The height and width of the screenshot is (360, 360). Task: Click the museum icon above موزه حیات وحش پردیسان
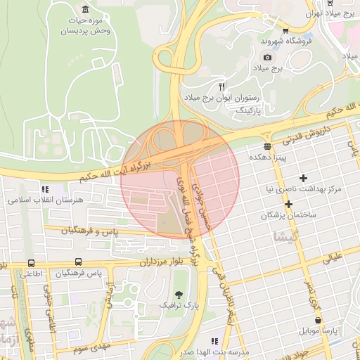tap(85, 9)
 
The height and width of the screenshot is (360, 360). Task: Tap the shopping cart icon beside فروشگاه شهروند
tap(285, 30)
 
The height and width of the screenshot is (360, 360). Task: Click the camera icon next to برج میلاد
tap(266, 57)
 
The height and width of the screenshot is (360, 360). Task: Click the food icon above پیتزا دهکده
tap(267, 146)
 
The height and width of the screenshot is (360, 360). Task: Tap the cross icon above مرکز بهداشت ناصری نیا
tap(304, 178)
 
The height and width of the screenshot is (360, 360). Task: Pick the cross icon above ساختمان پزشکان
tap(288, 203)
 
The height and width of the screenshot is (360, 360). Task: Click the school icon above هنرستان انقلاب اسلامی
tap(46, 189)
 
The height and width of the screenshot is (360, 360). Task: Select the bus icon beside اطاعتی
tap(30, 264)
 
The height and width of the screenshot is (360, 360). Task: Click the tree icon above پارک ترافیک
tap(179, 294)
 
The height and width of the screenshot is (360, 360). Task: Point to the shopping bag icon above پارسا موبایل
tap(318, 320)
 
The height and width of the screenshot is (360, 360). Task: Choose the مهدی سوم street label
tap(92, 347)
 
